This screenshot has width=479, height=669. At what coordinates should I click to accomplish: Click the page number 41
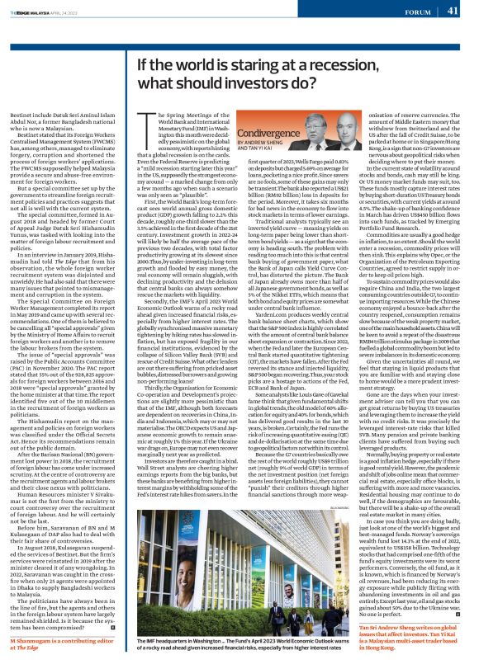(x=453, y=11)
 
